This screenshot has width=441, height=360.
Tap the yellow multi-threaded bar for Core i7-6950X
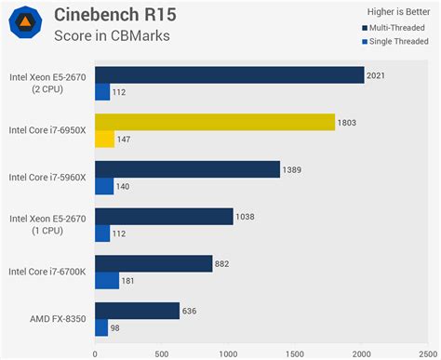tap(215, 122)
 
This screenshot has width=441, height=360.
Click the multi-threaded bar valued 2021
tap(229, 74)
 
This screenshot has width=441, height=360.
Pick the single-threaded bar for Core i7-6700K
tap(107, 280)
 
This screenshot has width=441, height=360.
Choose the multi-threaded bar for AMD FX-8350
tap(137, 311)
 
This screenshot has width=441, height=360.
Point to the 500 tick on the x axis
tap(161, 353)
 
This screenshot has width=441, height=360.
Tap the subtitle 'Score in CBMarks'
tap(113, 35)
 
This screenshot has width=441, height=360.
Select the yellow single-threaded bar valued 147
tap(104, 139)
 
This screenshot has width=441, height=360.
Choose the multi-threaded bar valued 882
tap(154, 263)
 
